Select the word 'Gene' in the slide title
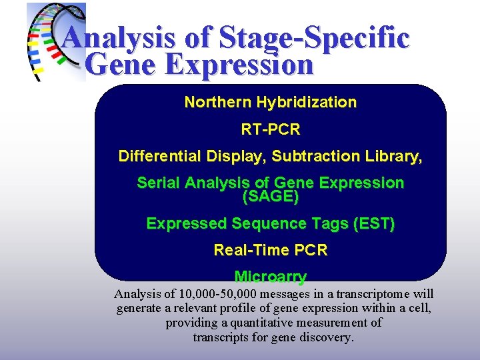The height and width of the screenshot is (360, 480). pyautogui.click(x=121, y=65)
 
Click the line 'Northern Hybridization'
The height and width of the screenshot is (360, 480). pyautogui.click(x=270, y=103)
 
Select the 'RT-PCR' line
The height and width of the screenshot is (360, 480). pyautogui.click(x=270, y=129)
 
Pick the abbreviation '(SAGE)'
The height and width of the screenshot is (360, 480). pyautogui.click(x=270, y=197)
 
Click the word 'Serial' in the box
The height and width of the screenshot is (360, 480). pyautogui.click(x=158, y=183)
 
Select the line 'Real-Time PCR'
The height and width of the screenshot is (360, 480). pyautogui.click(x=270, y=251)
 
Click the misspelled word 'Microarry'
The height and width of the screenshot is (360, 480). pyautogui.click(x=270, y=277)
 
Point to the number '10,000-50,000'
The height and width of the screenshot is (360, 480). pyautogui.click(x=217, y=294)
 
